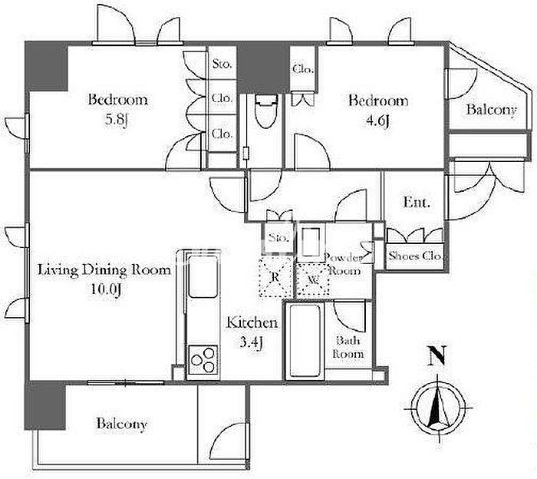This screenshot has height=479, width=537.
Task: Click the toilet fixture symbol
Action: (x=266, y=111)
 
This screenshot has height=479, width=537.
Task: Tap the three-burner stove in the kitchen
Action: (x=203, y=359)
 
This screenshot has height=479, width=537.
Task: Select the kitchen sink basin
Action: (x=203, y=276)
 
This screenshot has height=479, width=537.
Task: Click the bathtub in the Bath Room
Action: (x=305, y=340)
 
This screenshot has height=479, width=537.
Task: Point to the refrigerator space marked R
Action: (x=275, y=276)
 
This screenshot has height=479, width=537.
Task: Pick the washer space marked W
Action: (x=312, y=279)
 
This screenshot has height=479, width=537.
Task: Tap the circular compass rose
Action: (x=438, y=408)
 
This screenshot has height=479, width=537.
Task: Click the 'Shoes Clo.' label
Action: (x=415, y=256)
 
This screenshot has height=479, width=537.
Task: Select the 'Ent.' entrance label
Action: (x=416, y=202)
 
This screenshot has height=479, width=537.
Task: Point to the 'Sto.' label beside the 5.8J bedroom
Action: (x=222, y=64)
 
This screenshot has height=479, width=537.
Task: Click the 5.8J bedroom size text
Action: (x=117, y=120)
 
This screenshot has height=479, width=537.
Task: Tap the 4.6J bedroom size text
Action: (x=377, y=121)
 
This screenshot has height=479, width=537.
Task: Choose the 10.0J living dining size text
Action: (x=106, y=289)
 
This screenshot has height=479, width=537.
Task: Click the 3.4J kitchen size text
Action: (x=252, y=342)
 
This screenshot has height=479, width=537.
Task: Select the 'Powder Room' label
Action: (x=344, y=264)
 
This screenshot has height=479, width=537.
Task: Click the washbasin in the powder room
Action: (x=311, y=242)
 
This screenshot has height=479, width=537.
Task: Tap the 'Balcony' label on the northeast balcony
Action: (x=492, y=110)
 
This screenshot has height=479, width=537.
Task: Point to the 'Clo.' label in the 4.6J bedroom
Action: (x=303, y=70)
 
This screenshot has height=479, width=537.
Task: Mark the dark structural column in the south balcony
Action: (x=44, y=406)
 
